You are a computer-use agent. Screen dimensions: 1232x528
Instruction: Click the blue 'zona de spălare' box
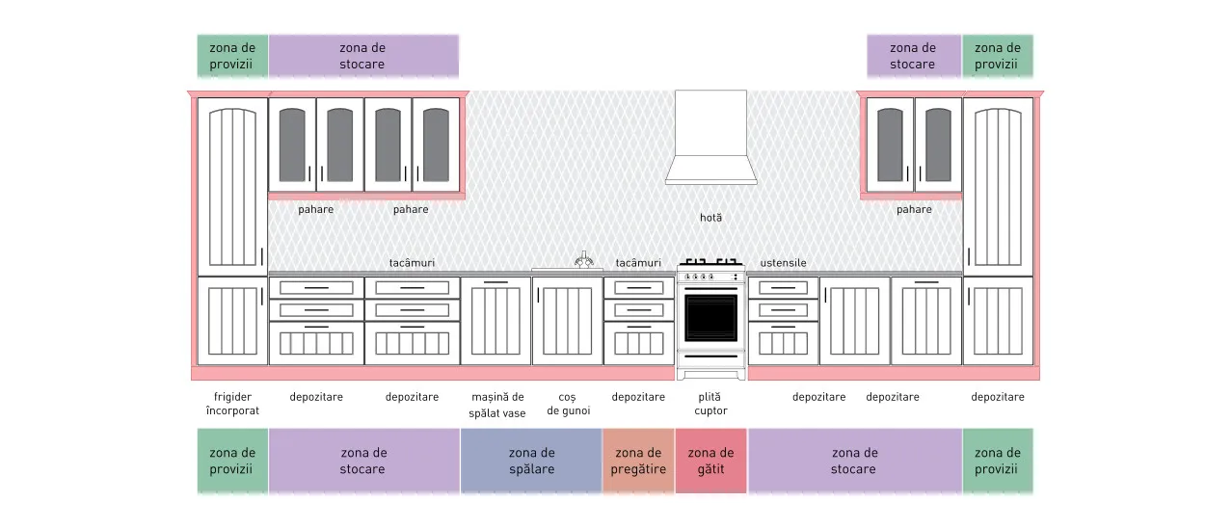click(x=531, y=461)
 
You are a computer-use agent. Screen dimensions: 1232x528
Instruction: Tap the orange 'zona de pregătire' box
click(x=638, y=461)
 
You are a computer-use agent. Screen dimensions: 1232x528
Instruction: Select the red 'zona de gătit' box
click(x=710, y=461)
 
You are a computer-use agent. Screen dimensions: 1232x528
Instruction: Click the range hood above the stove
click(x=710, y=138)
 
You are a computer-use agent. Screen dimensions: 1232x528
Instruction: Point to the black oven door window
click(x=710, y=318)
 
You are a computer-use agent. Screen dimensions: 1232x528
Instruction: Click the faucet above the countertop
click(x=584, y=260)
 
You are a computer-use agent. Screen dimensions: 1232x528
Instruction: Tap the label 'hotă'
click(x=710, y=218)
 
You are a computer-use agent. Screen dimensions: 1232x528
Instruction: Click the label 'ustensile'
click(x=783, y=263)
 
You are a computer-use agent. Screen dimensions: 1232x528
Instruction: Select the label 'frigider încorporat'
click(x=232, y=404)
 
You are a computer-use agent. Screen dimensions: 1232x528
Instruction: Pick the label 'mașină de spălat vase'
click(x=497, y=405)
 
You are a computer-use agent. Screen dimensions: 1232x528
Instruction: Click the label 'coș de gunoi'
click(x=568, y=404)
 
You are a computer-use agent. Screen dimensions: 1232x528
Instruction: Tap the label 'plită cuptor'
click(x=710, y=404)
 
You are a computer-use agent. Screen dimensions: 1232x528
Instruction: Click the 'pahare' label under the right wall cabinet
click(x=914, y=209)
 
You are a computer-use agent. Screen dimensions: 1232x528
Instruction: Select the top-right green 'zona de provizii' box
click(x=998, y=56)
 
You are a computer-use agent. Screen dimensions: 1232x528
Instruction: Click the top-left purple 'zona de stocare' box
click(x=363, y=56)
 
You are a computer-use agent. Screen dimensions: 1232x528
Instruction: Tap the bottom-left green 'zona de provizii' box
click(x=232, y=461)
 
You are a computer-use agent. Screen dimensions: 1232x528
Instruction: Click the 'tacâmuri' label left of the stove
click(x=638, y=263)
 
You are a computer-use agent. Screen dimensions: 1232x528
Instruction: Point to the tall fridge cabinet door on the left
click(x=232, y=187)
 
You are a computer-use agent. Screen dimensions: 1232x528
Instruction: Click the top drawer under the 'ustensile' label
click(x=783, y=287)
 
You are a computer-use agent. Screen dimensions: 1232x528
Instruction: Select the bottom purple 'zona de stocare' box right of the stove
click(x=855, y=461)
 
